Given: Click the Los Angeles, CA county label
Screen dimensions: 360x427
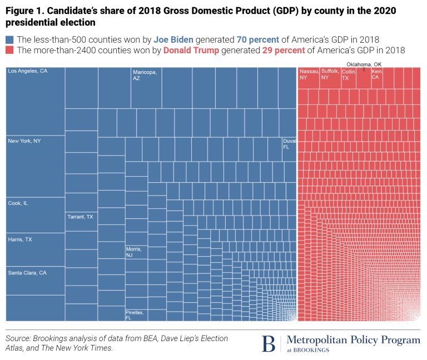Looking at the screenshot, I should pyautogui.click(x=27, y=72).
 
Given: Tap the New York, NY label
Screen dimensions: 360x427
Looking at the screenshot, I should pyautogui.click(x=24, y=141).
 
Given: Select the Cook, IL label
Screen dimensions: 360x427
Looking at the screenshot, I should pyautogui.click(x=18, y=203).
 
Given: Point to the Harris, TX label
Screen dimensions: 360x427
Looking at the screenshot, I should pyautogui.click(x=19, y=239).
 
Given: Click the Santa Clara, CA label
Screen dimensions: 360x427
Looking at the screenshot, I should pyautogui.click(x=27, y=273).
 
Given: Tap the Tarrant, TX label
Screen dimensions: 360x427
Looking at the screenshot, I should pyautogui.click(x=80, y=217).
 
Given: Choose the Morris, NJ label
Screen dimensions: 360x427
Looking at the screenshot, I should pyautogui.click(x=134, y=253).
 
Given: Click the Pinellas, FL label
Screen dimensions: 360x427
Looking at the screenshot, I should pyautogui.click(x=135, y=315).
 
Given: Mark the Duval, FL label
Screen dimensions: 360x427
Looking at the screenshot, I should pyautogui.click(x=289, y=144).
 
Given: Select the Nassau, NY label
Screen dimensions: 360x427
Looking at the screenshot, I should pyautogui.click(x=307, y=75).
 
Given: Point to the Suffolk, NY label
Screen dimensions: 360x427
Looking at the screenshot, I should pyautogui.click(x=330, y=75).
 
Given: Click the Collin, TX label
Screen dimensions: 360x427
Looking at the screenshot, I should pyautogui.click(x=349, y=75).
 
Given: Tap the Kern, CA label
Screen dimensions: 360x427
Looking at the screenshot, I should pyautogui.click(x=377, y=75).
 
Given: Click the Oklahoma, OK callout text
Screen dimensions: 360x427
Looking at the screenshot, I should pyautogui.click(x=364, y=64).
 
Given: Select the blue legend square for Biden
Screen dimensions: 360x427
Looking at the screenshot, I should pyautogui.click(x=9, y=40).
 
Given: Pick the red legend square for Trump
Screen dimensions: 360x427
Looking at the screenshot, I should pyautogui.click(x=9, y=51).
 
